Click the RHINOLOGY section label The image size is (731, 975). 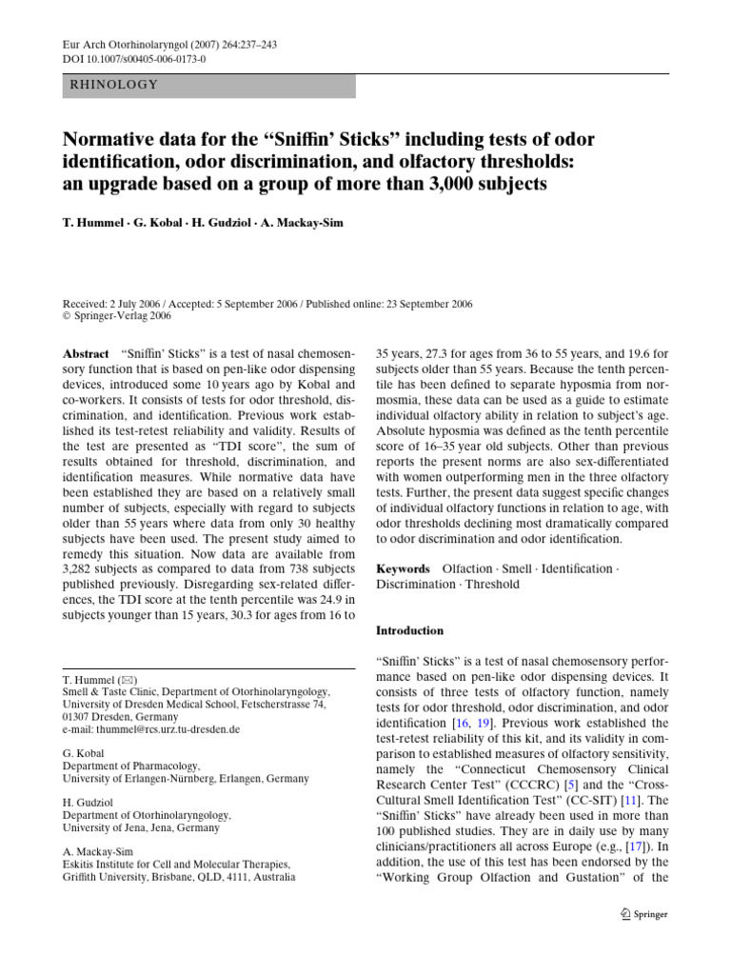[x=114, y=85]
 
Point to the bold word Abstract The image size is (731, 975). [x=86, y=353]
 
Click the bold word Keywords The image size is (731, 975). [x=404, y=568]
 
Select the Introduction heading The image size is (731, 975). [x=410, y=630]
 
